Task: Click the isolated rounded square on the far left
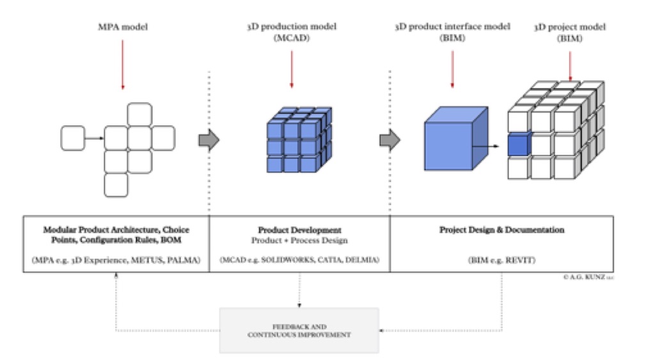pos(72,138)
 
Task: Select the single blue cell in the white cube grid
pos(519,145)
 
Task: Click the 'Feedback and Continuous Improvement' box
pos(299,330)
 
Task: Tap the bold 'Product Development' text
pos(299,230)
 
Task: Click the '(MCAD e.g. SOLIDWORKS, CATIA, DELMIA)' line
pos(299,260)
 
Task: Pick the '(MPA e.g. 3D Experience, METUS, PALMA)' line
pos(116,260)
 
